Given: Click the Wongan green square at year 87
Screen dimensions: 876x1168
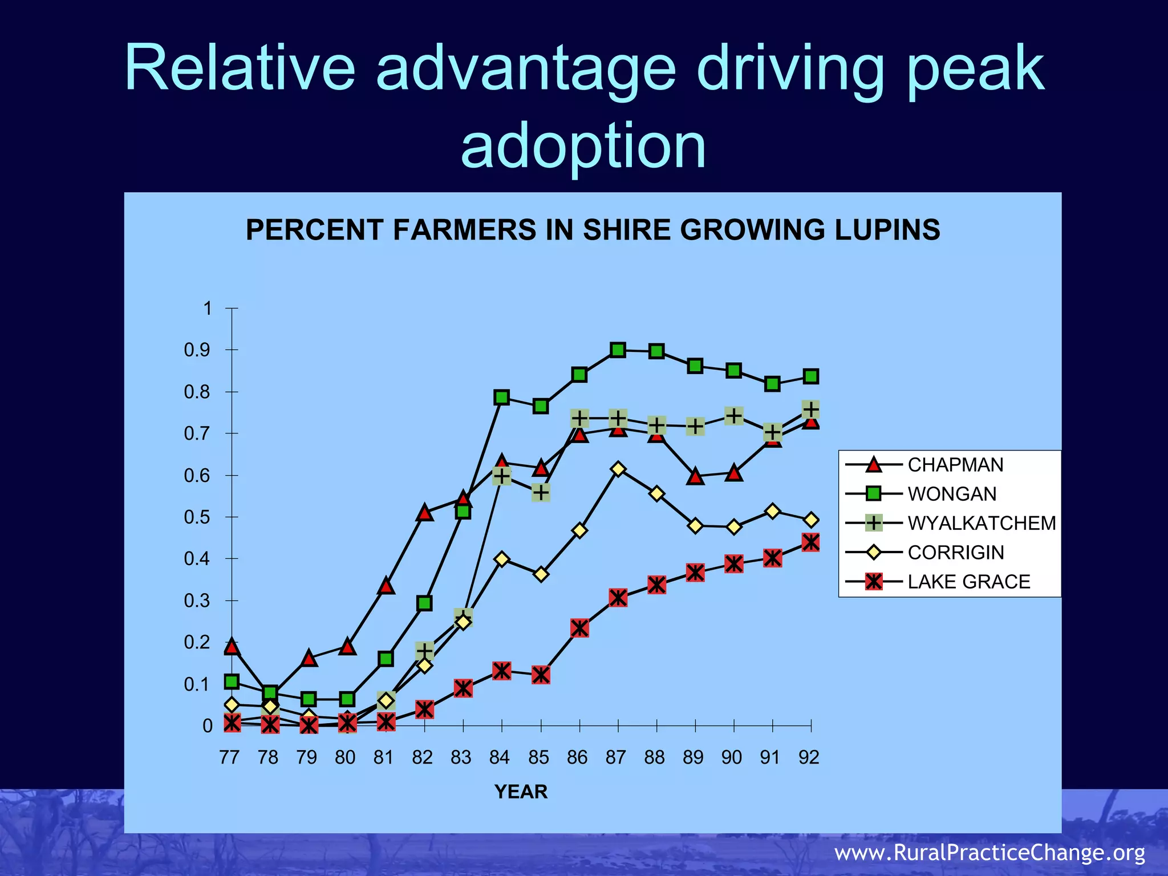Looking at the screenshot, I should pyautogui.click(x=618, y=350).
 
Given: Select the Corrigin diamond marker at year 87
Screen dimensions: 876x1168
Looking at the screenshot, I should pyautogui.click(x=618, y=469).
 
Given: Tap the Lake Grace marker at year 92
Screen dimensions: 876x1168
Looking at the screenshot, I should pyautogui.click(x=810, y=542).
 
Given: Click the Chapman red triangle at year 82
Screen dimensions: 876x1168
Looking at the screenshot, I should pyautogui.click(x=424, y=513).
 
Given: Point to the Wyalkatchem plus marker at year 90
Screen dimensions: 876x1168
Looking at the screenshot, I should pyautogui.click(x=734, y=416).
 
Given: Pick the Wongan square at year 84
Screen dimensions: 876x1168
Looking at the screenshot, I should pyautogui.click(x=502, y=398).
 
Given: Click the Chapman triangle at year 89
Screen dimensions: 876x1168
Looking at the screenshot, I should pyautogui.click(x=695, y=476).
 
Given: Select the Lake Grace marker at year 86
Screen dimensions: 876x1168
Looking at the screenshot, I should pyautogui.click(x=579, y=628).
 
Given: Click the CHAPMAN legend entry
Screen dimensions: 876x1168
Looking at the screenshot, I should pyautogui.click(x=955, y=465).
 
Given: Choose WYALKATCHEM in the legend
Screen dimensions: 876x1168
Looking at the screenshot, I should pyautogui.click(x=981, y=523).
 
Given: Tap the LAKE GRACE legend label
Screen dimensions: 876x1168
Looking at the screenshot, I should pyautogui.click(x=968, y=582).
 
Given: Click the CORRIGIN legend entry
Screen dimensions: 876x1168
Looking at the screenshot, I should pyautogui.click(x=955, y=552).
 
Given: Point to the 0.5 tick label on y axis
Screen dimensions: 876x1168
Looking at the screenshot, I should pyautogui.click(x=197, y=517).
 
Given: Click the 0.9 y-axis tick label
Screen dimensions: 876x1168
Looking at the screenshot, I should pyautogui.click(x=197, y=350).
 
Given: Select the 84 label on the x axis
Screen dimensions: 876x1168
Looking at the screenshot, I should pyautogui.click(x=500, y=757).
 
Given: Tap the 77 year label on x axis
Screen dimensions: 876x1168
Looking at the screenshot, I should pyautogui.click(x=229, y=757).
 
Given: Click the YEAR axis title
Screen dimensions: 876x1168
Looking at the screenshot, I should pyautogui.click(x=521, y=792).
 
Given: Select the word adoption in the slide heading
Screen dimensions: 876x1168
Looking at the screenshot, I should pyautogui.click(x=583, y=146).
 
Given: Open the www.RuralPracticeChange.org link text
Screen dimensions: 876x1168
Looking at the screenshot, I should pyautogui.click(x=989, y=852).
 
